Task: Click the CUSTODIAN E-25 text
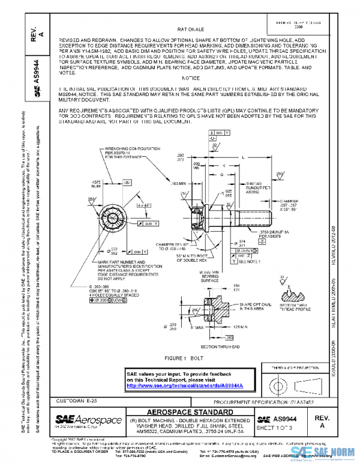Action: pos(74,399)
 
